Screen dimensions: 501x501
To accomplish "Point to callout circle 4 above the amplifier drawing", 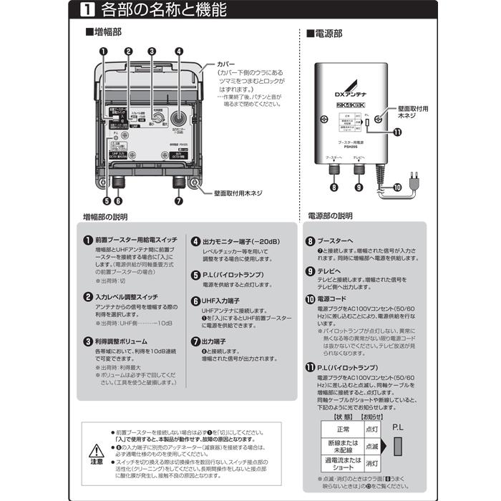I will coord(178,51).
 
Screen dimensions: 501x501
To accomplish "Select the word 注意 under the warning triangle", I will coord(95,463).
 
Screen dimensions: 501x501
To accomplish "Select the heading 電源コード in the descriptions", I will coord(336,298).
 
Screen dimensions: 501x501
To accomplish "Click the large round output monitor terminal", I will coord(178,117).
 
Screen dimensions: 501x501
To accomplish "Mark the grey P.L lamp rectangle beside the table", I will coord(399,447).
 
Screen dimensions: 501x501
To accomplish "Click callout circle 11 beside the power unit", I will coord(397,132).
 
